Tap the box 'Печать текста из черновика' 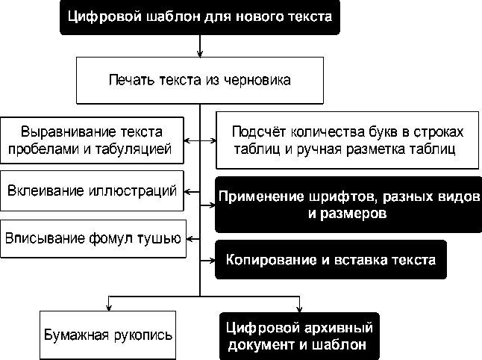[199, 80]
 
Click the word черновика [258, 80]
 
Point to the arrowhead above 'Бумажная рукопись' [109, 304]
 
